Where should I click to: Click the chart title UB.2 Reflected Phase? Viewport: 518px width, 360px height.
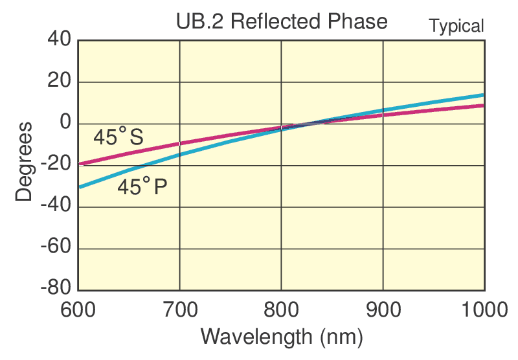(x=282, y=22)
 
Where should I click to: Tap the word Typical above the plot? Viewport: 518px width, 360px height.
(x=456, y=27)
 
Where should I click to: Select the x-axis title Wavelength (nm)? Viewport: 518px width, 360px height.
(x=282, y=337)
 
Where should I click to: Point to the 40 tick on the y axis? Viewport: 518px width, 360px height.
(x=59, y=40)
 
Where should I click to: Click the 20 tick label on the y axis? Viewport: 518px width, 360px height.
(x=59, y=82)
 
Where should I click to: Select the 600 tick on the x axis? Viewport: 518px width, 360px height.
(x=78, y=310)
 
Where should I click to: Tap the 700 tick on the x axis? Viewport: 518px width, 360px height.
(x=179, y=310)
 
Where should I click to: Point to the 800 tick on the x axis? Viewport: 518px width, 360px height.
(x=281, y=310)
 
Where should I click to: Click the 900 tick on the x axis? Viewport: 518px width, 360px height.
(x=383, y=310)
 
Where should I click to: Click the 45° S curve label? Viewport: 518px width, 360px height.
(x=118, y=138)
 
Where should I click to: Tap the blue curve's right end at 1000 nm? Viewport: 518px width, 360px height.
(x=484, y=95)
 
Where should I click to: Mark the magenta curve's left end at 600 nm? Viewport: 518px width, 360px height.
(x=79, y=164)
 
